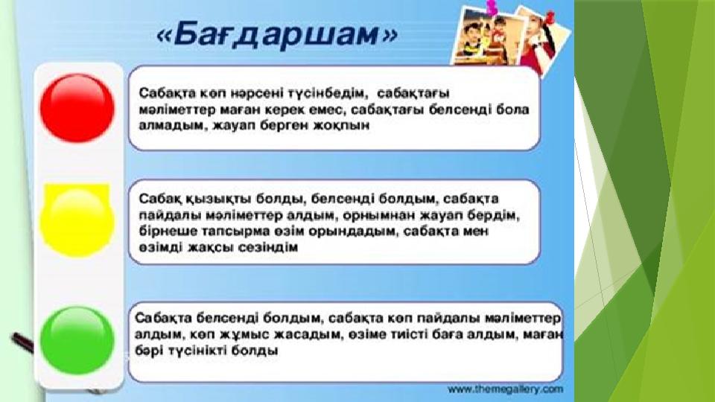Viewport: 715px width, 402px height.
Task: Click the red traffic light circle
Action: (77, 109)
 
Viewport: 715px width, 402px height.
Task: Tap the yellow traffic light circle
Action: (77, 220)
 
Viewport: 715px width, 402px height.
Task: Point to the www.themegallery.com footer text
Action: (505, 389)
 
